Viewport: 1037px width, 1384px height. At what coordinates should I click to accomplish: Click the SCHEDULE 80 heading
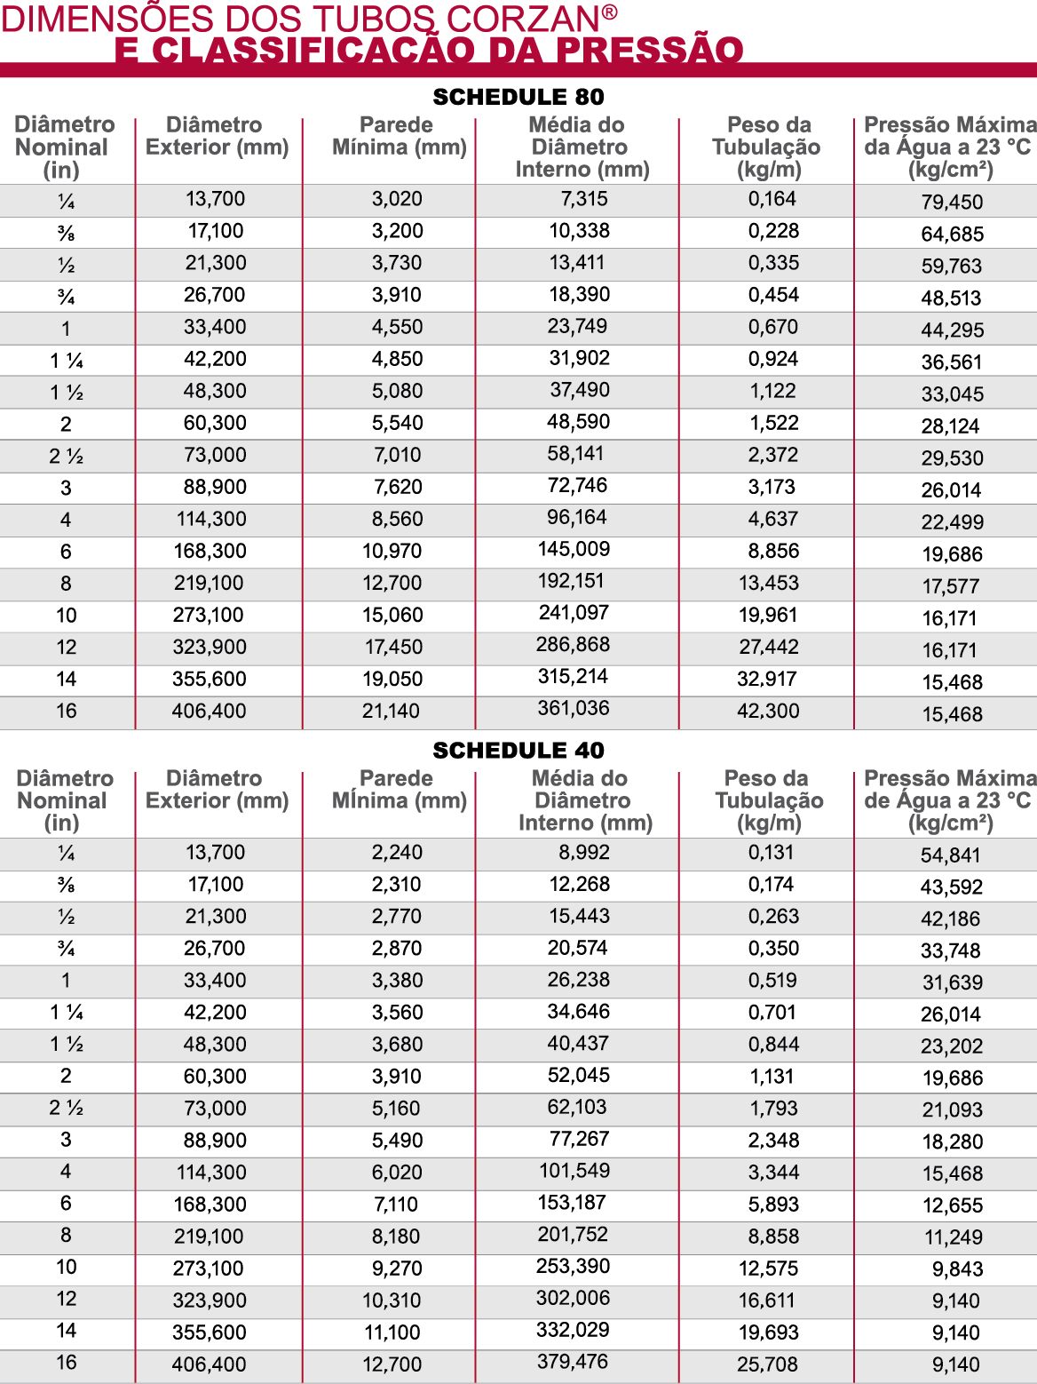tap(518, 97)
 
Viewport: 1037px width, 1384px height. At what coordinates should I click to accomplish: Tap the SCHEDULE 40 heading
tap(518, 751)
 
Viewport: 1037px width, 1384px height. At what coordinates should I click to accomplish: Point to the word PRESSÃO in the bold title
tap(650, 51)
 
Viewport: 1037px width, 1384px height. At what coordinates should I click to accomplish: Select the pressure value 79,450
tap(952, 203)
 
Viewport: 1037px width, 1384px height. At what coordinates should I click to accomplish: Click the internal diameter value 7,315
tap(583, 199)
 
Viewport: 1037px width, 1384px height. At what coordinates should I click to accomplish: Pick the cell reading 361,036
tap(574, 709)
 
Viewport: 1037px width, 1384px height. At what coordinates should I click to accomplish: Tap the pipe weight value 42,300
tap(768, 712)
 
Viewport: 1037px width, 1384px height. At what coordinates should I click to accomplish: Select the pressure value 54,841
tap(950, 855)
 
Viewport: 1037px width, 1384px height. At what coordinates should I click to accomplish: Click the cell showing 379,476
tap(573, 1362)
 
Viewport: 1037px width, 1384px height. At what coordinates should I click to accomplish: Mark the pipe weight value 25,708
tap(767, 1364)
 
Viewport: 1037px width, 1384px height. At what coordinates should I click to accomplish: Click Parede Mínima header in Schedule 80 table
tap(399, 136)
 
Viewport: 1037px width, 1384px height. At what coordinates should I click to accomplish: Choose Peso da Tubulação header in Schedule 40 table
tap(769, 800)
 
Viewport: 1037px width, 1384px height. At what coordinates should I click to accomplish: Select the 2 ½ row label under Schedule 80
tap(66, 457)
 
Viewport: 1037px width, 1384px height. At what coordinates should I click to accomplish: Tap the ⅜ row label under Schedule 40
tap(66, 885)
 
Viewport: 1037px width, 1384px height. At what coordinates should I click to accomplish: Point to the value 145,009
tap(574, 550)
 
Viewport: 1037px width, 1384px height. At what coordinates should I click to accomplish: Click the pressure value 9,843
tap(957, 1269)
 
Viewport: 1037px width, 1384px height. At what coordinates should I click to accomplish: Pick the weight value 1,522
tap(773, 424)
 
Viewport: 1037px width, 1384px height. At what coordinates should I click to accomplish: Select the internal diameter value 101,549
tap(574, 1171)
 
